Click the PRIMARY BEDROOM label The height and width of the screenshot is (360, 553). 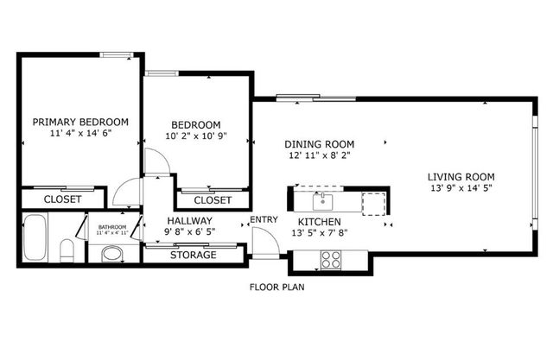pyautogui.click(x=80, y=122)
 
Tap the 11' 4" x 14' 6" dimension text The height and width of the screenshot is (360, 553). pyautogui.click(x=80, y=135)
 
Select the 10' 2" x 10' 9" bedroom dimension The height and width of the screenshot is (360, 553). pyautogui.click(x=195, y=136)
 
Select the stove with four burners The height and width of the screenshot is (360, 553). pyautogui.click(x=332, y=258)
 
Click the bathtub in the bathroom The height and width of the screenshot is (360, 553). pyautogui.click(x=36, y=238)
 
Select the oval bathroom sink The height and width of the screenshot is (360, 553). pyautogui.click(x=111, y=254)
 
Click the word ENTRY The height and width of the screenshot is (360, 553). pyautogui.click(x=264, y=219)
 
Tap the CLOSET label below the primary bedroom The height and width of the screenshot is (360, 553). pyautogui.click(x=63, y=199)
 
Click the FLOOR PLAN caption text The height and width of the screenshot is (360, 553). pyautogui.click(x=276, y=287)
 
